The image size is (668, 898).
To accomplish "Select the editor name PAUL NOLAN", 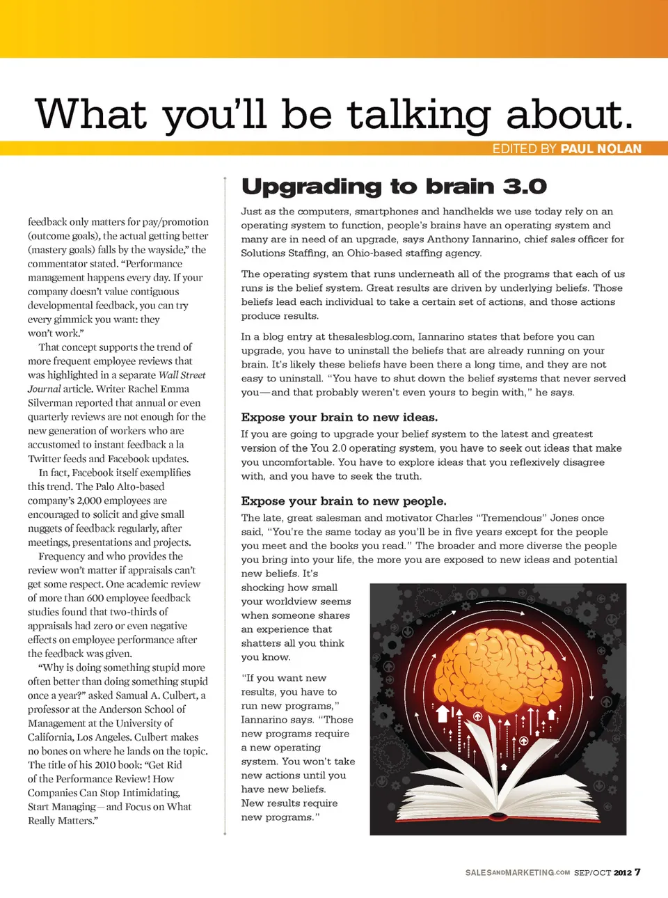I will pos(601,149).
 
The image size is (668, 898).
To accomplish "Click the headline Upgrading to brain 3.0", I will pos(394,187).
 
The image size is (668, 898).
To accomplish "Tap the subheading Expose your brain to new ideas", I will pos(339,418).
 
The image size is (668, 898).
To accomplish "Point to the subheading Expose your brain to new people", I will pos(344,501).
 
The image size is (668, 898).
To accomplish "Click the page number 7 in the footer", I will pos(637,872).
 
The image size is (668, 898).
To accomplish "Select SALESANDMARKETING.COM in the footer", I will pos(517,873).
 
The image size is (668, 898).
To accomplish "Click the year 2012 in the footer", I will pos(622,873).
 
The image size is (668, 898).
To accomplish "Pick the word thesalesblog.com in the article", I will pos(370,337).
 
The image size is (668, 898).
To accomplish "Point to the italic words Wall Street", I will pos(182,375).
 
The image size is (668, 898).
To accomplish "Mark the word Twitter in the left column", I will pos(46,459).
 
